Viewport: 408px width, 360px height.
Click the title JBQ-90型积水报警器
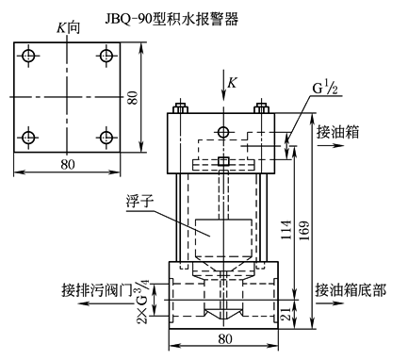point(171,19)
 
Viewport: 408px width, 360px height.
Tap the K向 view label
point(68,28)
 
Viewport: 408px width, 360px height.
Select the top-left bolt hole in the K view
point(29,56)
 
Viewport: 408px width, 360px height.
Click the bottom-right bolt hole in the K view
point(106,138)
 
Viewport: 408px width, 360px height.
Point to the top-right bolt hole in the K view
point(106,56)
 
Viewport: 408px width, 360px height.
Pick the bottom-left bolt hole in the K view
point(29,138)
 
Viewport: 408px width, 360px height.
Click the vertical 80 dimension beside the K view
point(133,98)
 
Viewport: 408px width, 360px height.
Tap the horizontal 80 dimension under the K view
point(68,164)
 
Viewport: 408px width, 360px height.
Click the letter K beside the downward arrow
point(232,83)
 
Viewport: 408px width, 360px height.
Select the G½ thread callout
point(325,89)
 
